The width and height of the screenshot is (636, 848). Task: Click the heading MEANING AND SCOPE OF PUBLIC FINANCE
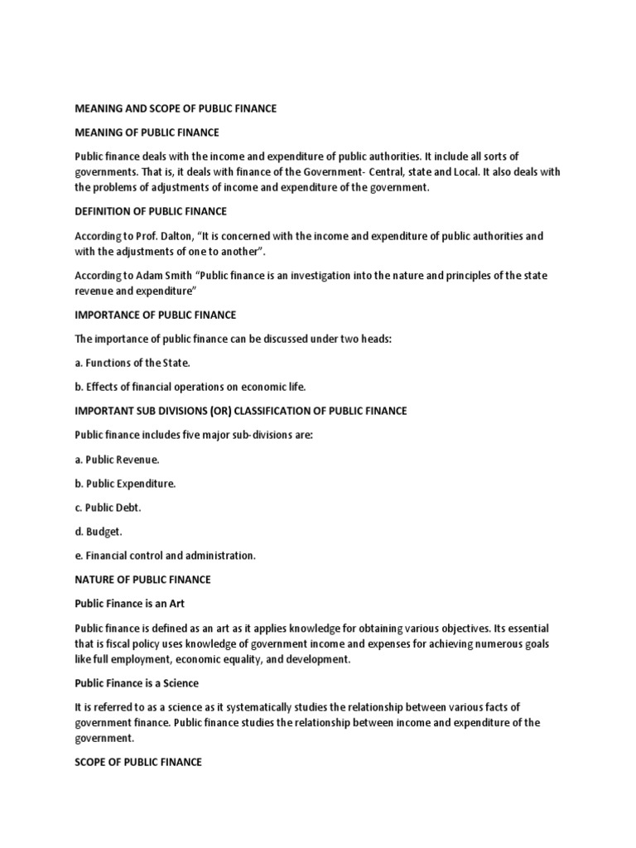[176, 108]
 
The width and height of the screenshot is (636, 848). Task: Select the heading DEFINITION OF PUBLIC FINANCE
[151, 211]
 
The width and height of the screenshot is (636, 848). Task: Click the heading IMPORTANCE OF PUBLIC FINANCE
[156, 315]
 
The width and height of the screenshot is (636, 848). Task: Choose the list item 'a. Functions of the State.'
[132, 363]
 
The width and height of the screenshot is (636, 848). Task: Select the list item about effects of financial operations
[190, 387]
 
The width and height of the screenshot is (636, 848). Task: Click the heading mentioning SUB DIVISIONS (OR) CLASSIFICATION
[241, 411]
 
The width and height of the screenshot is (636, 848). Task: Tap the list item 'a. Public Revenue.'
[117, 460]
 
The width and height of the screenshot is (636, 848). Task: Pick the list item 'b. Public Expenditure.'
[126, 484]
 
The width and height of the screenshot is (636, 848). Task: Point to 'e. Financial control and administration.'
[166, 556]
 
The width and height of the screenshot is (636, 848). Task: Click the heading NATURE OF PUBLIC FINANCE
[143, 580]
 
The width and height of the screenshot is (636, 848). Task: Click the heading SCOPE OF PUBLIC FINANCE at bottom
[138, 762]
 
